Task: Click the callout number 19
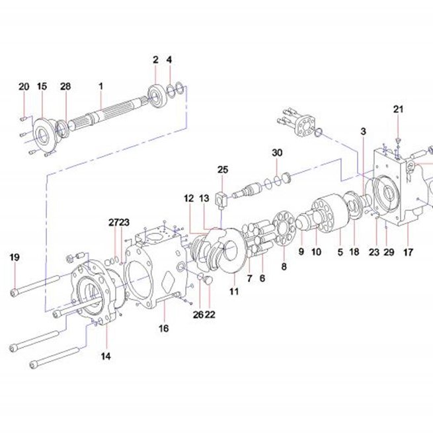tap(15, 257)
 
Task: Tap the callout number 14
tap(106, 356)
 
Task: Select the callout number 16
tap(163, 329)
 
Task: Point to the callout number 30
tap(277, 153)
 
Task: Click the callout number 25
tap(223, 169)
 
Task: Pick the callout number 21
tap(398, 109)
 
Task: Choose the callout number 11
tap(234, 292)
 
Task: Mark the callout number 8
tap(284, 266)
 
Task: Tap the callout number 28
tap(65, 87)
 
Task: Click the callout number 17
tap(408, 252)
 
